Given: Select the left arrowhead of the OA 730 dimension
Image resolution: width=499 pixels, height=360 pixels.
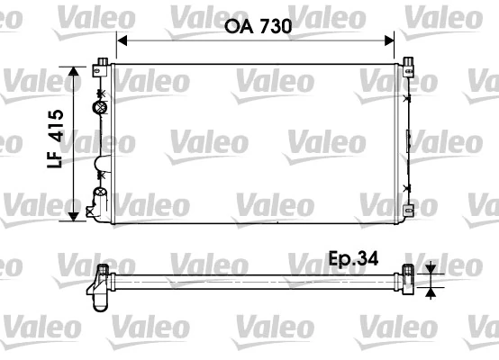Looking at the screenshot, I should pos(122,40).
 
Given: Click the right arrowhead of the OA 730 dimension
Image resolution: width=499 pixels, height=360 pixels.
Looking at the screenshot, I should pos(390,40).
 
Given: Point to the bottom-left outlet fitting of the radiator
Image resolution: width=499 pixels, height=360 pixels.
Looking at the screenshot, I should pos(94,208).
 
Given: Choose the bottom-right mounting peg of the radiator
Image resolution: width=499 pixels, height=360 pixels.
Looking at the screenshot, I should pos(411,212).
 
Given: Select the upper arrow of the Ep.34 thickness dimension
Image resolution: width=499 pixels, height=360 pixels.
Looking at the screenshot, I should pos(431,268).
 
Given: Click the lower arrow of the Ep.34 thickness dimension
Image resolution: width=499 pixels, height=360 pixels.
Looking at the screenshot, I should pos(431,291).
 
